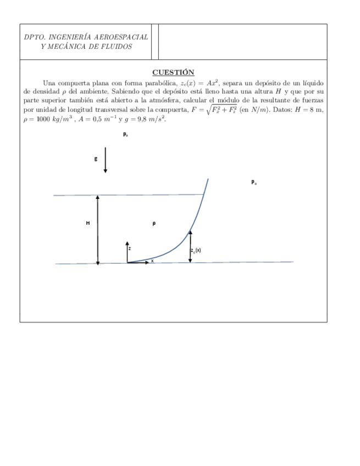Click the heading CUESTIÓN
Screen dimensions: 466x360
173,72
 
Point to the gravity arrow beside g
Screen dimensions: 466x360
106,162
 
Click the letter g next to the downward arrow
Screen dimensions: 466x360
96,159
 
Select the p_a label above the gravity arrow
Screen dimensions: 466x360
125,134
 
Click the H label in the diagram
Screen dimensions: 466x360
88,223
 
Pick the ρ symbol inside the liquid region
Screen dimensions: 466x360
154,223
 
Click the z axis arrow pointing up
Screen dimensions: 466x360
127,250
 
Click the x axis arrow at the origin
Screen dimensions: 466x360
140,263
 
